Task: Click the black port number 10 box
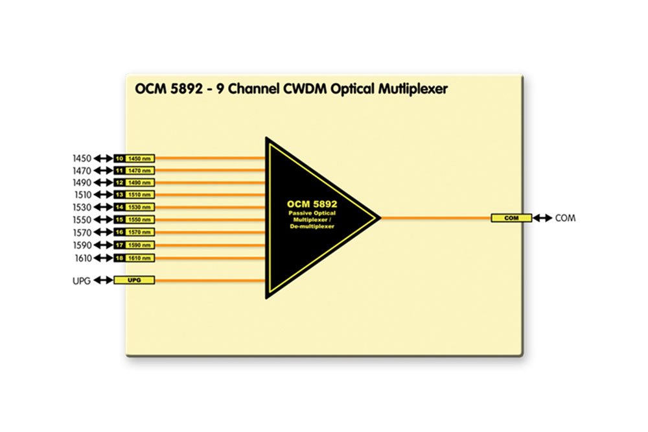click(119, 158)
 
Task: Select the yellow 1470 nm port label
click(139, 170)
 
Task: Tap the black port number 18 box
click(119, 258)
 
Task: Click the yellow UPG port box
click(134, 280)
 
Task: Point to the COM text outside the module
click(565, 218)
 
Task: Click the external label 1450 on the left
click(82, 158)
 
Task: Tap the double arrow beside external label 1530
click(104, 208)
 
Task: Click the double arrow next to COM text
click(542, 218)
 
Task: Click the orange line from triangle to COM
click(434, 218)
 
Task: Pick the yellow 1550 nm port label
click(139, 220)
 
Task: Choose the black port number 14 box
click(119, 208)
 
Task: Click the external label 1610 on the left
click(82, 258)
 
